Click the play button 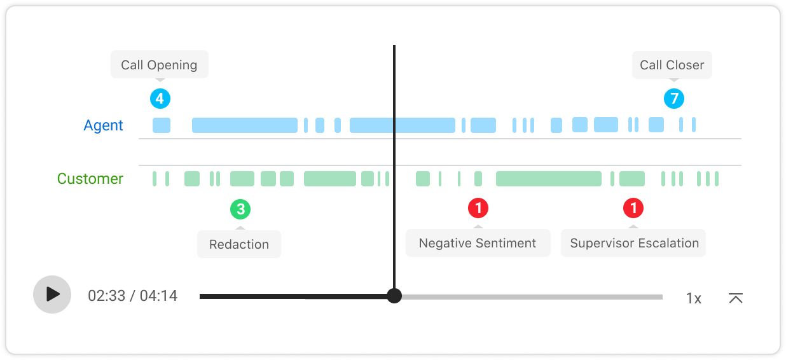(x=52, y=294)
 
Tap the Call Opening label (x=159, y=65)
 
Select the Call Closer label (x=672, y=65)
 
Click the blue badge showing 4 (x=160, y=99)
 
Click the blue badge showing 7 (x=674, y=99)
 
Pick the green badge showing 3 (x=240, y=209)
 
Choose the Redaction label (x=239, y=244)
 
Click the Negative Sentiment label (x=478, y=243)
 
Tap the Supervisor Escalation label (x=634, y=243)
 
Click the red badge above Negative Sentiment (x=478, y=208)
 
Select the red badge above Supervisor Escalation (x=633, y=208)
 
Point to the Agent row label (x=103, y=125)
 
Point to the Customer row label (x=90, y=179)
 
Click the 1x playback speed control (x=693, y=298)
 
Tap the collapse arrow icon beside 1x (x=736, y=298)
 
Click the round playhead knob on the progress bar (x=394, y=296)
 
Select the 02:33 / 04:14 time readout (x=132, y=296)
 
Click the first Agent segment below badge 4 (x=162, y=125)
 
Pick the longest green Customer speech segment (x=548, y=179)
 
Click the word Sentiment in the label (x=506, y=243)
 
